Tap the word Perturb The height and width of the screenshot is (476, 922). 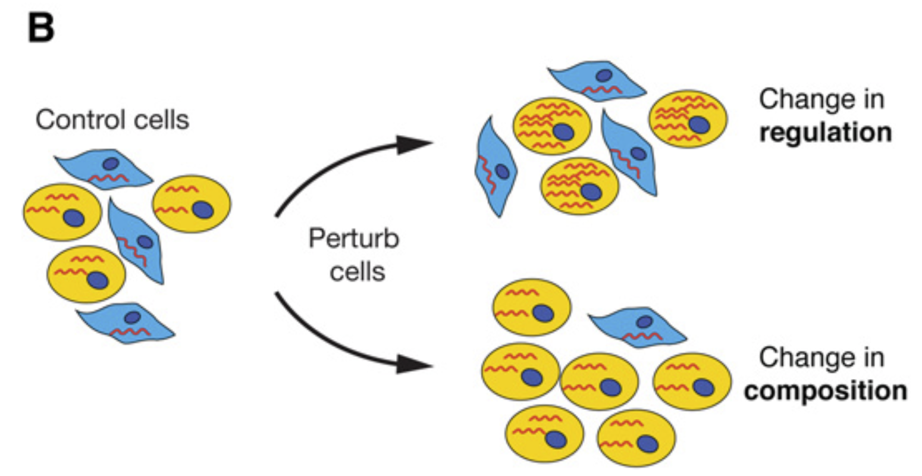click(x=353, y=240)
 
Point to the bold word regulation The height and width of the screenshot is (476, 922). click(x=826, y=132)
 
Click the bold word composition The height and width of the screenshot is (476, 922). click(x=826, y=392)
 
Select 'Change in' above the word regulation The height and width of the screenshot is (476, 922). click(x=821, y=99)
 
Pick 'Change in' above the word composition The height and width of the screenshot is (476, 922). click(x=821, y=358)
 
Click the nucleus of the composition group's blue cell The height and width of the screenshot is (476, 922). click(x=644, y=322)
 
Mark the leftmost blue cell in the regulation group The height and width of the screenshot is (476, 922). click(x=495, y=166)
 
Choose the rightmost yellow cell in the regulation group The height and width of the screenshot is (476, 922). click(x=689, y=118)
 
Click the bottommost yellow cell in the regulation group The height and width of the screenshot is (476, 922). click(x=579, y=185)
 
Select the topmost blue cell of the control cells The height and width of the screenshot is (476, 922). click(x=104, y=169)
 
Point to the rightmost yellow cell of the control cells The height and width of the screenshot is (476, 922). click(x=192, y=204)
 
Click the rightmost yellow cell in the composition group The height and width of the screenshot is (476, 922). click(x=692, y=381)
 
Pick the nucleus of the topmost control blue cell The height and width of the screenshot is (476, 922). click(x=111, y=164)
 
